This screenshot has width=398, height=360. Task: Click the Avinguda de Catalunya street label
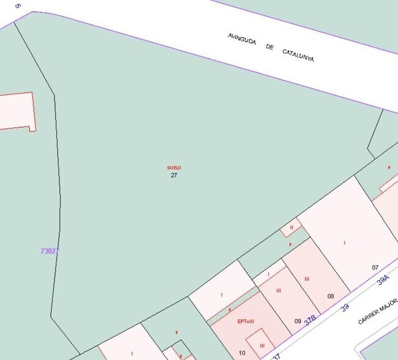coord(271,47)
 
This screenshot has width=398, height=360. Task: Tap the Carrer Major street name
coord(377,312)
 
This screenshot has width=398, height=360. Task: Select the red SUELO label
coord(174,168)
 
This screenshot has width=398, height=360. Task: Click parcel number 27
coord(174,175)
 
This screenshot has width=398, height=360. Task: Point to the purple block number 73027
coord(49,251)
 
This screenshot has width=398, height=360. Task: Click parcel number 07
coord(375,268)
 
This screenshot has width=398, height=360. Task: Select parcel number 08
coord(331,296)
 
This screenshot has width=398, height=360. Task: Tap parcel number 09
coord(298,321)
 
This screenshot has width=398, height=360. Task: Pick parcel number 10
coord(242,353)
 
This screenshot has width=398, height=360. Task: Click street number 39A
coord(383,281)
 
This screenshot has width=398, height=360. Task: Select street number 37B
coord(310,320)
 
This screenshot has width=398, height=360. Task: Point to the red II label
coord(291,227)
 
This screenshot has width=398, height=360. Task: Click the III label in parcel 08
coord(307,279)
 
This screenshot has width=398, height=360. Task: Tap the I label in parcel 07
coord(344,243)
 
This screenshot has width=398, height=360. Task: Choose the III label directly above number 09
coord(279,290)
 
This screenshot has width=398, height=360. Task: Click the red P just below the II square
coord(290,244)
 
